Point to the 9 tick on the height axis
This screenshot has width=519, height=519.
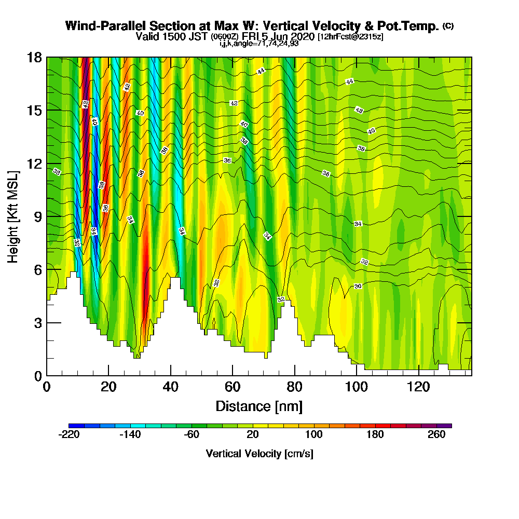tap(47, 216)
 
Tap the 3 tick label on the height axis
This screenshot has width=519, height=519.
tap(37, 323)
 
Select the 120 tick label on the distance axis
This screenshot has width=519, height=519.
tap(419, 387)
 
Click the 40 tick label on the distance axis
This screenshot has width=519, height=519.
tap(170, 387)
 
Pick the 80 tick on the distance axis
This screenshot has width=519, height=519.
tap(295, 375)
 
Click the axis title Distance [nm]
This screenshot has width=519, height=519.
tap(259, 406)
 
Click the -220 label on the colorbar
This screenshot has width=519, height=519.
tap(69, 435)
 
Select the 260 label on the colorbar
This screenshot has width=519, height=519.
tap(436, 435)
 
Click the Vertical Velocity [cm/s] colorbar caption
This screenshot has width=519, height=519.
tap(259, 454)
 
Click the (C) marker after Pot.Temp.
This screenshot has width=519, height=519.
tap(448, 25)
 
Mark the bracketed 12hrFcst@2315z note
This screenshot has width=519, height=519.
tap(350, 36)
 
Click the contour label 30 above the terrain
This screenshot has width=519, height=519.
tap(358, 286)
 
